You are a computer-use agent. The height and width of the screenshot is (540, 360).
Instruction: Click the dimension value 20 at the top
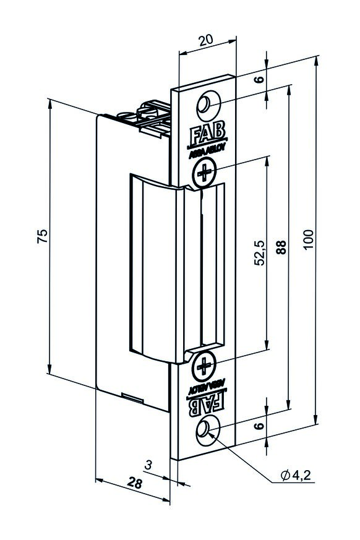[206, 40]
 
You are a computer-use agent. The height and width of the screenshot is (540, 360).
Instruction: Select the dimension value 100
[309, 239]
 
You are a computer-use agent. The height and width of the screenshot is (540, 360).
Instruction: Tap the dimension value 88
[281, 247]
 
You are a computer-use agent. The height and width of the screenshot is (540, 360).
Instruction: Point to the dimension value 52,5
[260, 252]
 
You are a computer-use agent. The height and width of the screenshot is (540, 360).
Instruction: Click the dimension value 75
[43, 236]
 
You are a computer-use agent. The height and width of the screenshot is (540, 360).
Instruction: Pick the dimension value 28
[134, 483]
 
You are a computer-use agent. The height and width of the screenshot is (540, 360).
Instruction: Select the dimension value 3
[148, 465]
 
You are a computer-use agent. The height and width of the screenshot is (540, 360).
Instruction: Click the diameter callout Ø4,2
[296, 475]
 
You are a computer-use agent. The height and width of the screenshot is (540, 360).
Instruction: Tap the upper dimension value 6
[260, 79]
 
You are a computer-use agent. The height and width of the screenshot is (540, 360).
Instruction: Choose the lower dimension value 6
[260, 426]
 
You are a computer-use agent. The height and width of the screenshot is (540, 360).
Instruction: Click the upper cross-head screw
[204, 172]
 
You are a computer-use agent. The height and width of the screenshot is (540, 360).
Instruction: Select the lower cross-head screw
[204, 366]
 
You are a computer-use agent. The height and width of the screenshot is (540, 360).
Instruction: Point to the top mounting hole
[208, 104]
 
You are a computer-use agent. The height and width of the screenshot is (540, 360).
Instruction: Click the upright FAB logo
[207, 135]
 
